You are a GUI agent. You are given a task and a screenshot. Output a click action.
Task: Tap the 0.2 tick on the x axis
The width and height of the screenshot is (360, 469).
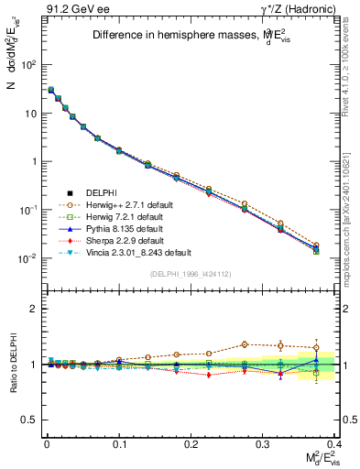tap(191, 446)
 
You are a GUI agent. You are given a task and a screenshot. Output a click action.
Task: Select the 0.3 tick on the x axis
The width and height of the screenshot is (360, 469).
tap(263, 446)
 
